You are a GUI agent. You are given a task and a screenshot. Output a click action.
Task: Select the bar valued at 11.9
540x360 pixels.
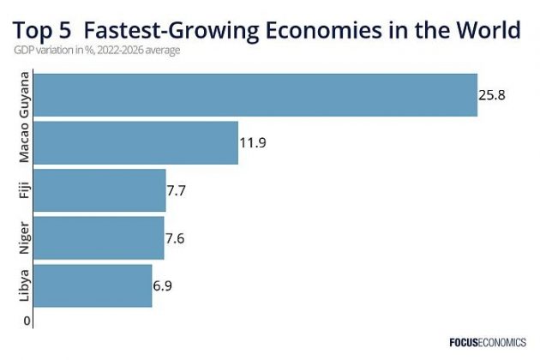137,142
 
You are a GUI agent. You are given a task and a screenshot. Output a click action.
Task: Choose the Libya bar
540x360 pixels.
94,285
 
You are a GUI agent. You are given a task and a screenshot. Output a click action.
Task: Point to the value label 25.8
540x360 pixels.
492,95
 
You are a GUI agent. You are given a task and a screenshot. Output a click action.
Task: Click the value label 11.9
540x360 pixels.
253,142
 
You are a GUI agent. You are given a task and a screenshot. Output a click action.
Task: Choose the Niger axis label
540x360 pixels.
26,237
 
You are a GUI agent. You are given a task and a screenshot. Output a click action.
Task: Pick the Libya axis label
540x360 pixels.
26,285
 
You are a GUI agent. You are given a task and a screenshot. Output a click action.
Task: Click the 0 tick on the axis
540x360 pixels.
27,321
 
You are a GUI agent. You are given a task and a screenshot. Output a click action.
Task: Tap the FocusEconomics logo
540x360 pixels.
488,342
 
